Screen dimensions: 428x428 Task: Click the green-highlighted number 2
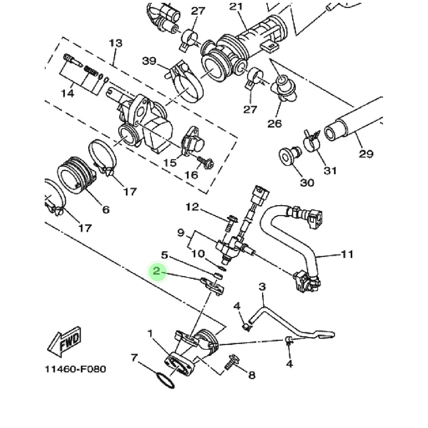click(x=156, y=271)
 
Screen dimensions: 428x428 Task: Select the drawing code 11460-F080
click(x=75, y=369)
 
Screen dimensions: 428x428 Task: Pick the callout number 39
click(x=149, y=61)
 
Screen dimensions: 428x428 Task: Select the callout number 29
click(x=366, y=154)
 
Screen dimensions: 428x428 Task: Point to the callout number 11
click(x=348, y=254)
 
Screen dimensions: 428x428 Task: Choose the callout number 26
click(x=275, y=123)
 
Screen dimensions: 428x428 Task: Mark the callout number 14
click(x=67, y=93)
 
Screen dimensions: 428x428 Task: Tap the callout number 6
click(x=105, y=209)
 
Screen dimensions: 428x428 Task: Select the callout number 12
click(x=193, y=206)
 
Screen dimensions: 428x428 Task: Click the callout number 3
click(x=262, y=287)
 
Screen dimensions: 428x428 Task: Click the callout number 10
click(x=198, y=254)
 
